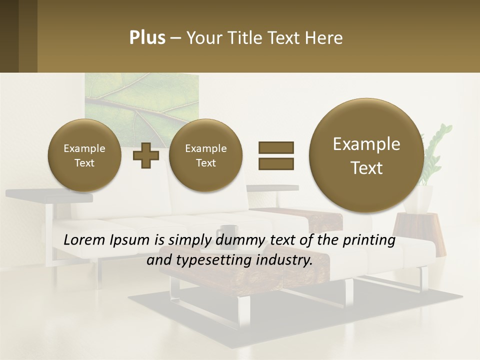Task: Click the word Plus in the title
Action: [147, 38]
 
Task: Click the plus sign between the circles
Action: [146, 155]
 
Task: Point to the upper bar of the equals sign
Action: [275, 147]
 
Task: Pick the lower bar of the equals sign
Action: [275, 163]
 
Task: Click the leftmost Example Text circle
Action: [84, 155]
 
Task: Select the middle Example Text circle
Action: [205, 155]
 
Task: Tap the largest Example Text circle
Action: [366, 155]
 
